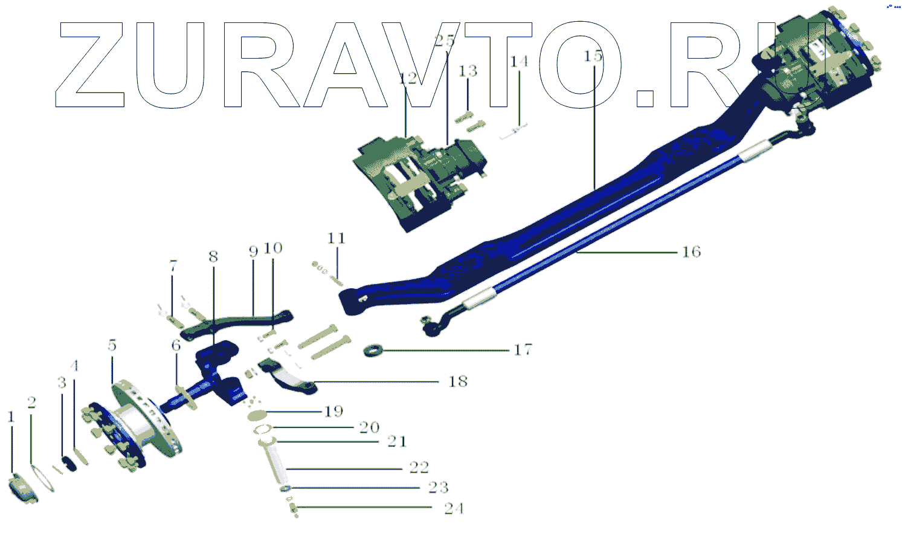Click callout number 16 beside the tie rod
coord(691,252)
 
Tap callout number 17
coord(523,349)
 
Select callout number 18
coord(458,381)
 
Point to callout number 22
coord(419,467)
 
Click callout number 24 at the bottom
coord(454,508)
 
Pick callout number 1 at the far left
coord(11,417)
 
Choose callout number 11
coord(337,238)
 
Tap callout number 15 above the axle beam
coord(593,56)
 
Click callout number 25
coord(445,40)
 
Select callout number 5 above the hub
coord(112,345)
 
